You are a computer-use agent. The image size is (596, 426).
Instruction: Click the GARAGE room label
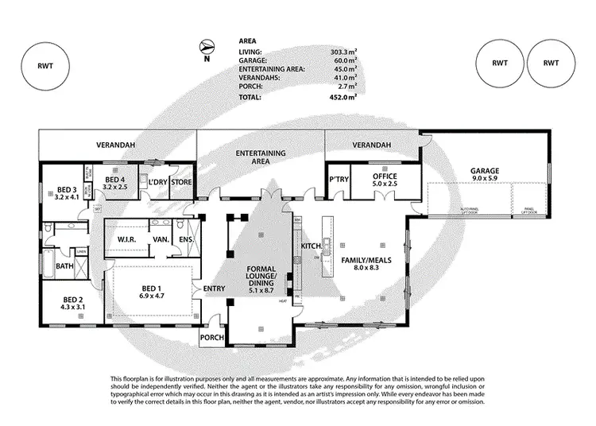[484, 171]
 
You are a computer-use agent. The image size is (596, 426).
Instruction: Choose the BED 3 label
[67, 189]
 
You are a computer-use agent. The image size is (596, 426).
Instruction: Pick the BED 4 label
[117, 179]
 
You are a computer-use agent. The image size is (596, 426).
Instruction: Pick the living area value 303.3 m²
[343, 52]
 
